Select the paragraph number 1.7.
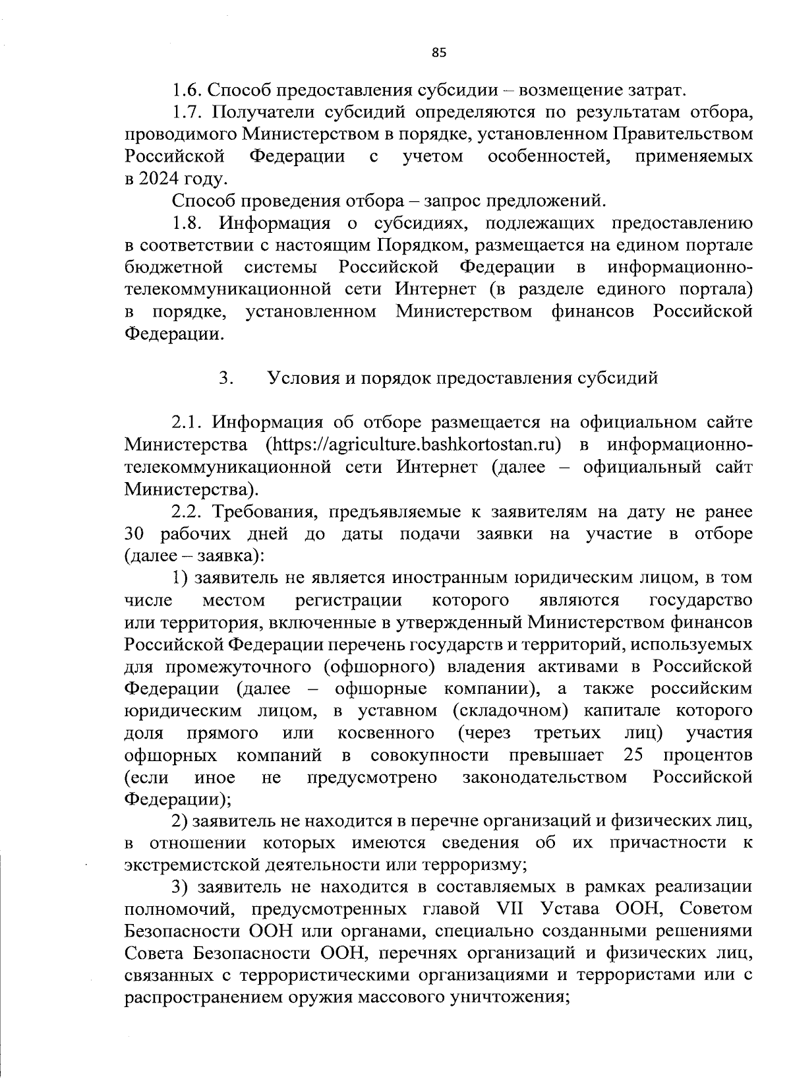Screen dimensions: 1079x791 (x=187, y=112)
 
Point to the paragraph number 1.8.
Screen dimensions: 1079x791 (x=187, y=223)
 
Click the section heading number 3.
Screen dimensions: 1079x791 (x=224, y=379)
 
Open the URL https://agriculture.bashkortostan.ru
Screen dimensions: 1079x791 (x=413, y=445)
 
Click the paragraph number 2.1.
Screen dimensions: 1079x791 (x=187, y=423)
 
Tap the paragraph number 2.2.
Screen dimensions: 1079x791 (x=187, y=512)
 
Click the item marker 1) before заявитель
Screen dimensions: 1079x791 (x=181, y=578)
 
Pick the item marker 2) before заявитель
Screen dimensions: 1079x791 (x=181, y=821)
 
